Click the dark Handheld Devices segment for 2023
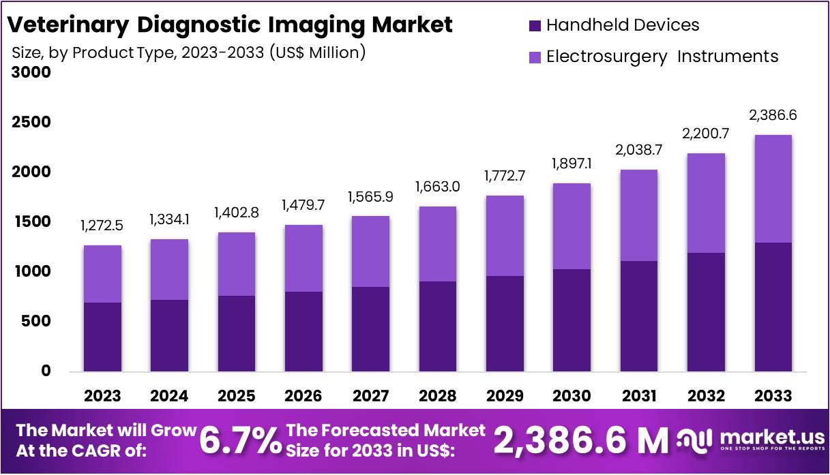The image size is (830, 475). [x=102, y=337]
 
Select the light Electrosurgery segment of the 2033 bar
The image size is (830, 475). [x=773, y=189]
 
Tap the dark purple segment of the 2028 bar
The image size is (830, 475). [x=438, y=326]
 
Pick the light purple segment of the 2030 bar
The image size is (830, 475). [x=572, y=226]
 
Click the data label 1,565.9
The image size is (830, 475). [x=370, y=197]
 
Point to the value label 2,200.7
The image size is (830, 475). [x=706, y=134]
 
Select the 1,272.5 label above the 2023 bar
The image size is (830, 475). [x=102, y=226]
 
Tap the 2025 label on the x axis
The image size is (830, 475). [x=237, y=396]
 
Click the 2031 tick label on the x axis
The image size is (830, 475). [x=639, y=396]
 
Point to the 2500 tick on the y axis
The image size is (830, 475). [x=32, y=123]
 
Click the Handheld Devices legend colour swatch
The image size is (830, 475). [x=535, y=26]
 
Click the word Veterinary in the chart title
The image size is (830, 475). [x=68, y=25]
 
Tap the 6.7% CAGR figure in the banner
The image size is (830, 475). [x=240, y=441]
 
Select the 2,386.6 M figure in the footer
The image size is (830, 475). [x=580, y=441]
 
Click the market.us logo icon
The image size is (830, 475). [x=694, y=440]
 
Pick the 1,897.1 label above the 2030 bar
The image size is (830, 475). [x=572, y=164]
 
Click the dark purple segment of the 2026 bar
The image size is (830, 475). [x=303, y=332]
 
